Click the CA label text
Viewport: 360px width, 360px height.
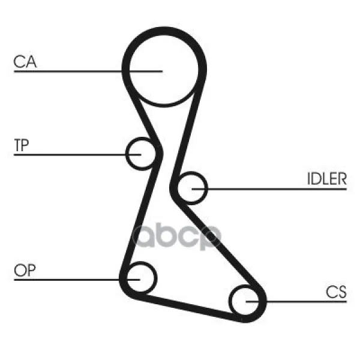(25, 62)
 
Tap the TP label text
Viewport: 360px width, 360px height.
(22, 145)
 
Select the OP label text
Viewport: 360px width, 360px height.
(25, 270)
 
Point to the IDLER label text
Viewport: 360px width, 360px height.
(327, 179)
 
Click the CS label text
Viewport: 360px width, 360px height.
(336, 292)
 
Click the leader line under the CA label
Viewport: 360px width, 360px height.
(88, 71)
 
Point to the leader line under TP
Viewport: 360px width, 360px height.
(77, 155)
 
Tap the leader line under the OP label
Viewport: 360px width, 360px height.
(77, 280)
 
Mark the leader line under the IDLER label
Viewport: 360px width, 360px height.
(269, 189)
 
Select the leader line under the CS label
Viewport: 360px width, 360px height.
(296, 301)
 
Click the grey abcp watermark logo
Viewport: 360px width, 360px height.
(177, 236)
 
